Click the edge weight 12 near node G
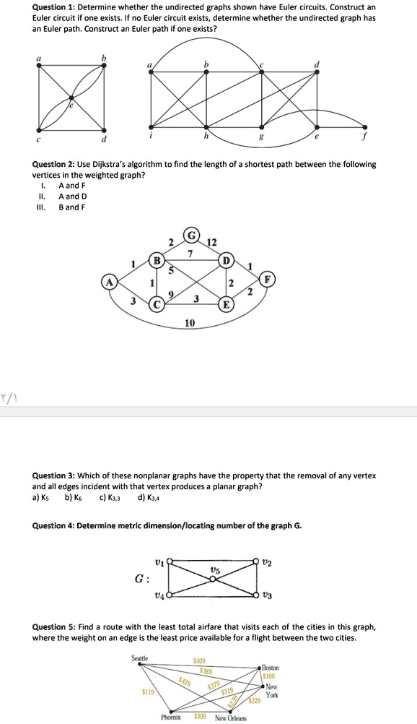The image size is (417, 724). (x=210, y=241)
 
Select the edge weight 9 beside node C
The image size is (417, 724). (x=171, y=293)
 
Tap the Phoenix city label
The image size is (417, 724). (x=170, y=717)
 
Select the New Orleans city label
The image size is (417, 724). (x=230, y=717)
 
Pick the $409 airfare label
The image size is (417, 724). (x=200, y=660)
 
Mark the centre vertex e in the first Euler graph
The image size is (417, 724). (x=71, y=98)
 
